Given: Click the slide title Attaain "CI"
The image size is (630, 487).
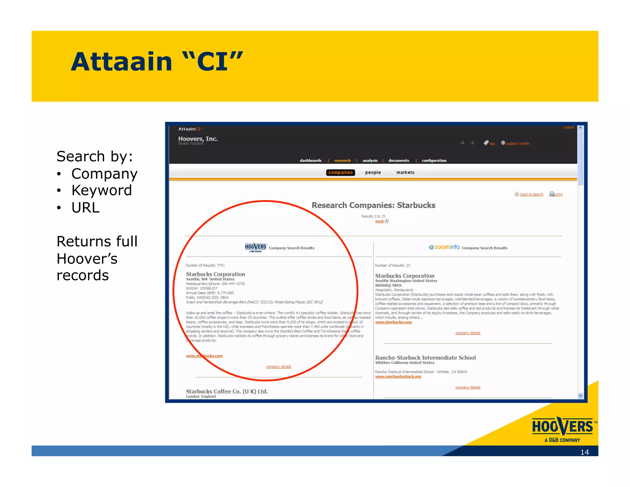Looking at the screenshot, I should tap(157, 62).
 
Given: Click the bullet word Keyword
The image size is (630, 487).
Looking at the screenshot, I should tap(102, 190).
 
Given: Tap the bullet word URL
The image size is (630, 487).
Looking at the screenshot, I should tap(86, 207).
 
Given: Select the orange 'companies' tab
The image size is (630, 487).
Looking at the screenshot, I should tap(340, 172).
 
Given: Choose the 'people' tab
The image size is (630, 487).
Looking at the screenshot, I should tap(373, 172).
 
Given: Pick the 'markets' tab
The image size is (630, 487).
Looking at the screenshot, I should tap(405, 172).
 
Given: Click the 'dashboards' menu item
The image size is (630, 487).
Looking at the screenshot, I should tap(310, 160).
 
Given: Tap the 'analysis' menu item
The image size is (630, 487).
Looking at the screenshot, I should tap(370, 160).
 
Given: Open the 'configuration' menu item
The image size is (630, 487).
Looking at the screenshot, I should tap(434, 160).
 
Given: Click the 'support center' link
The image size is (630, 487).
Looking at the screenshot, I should tap(518, 143).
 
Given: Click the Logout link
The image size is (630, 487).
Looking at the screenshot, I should tap(568, 127).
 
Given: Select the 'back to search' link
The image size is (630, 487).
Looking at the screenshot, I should tap(531, 194).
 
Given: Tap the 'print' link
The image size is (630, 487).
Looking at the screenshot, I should tap(558, 194).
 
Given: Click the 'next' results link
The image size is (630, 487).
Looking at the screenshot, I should tap(380, 221).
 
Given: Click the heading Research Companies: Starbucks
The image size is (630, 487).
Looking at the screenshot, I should tap(373, 205).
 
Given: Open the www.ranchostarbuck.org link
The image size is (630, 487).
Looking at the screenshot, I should tap(398, 376).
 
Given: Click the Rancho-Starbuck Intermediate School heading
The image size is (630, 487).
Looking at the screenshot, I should tap(425, 357).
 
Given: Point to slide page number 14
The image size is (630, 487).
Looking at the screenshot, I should tap(584, 452).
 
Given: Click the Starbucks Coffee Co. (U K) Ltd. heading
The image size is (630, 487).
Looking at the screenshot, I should tap(227, 391).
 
